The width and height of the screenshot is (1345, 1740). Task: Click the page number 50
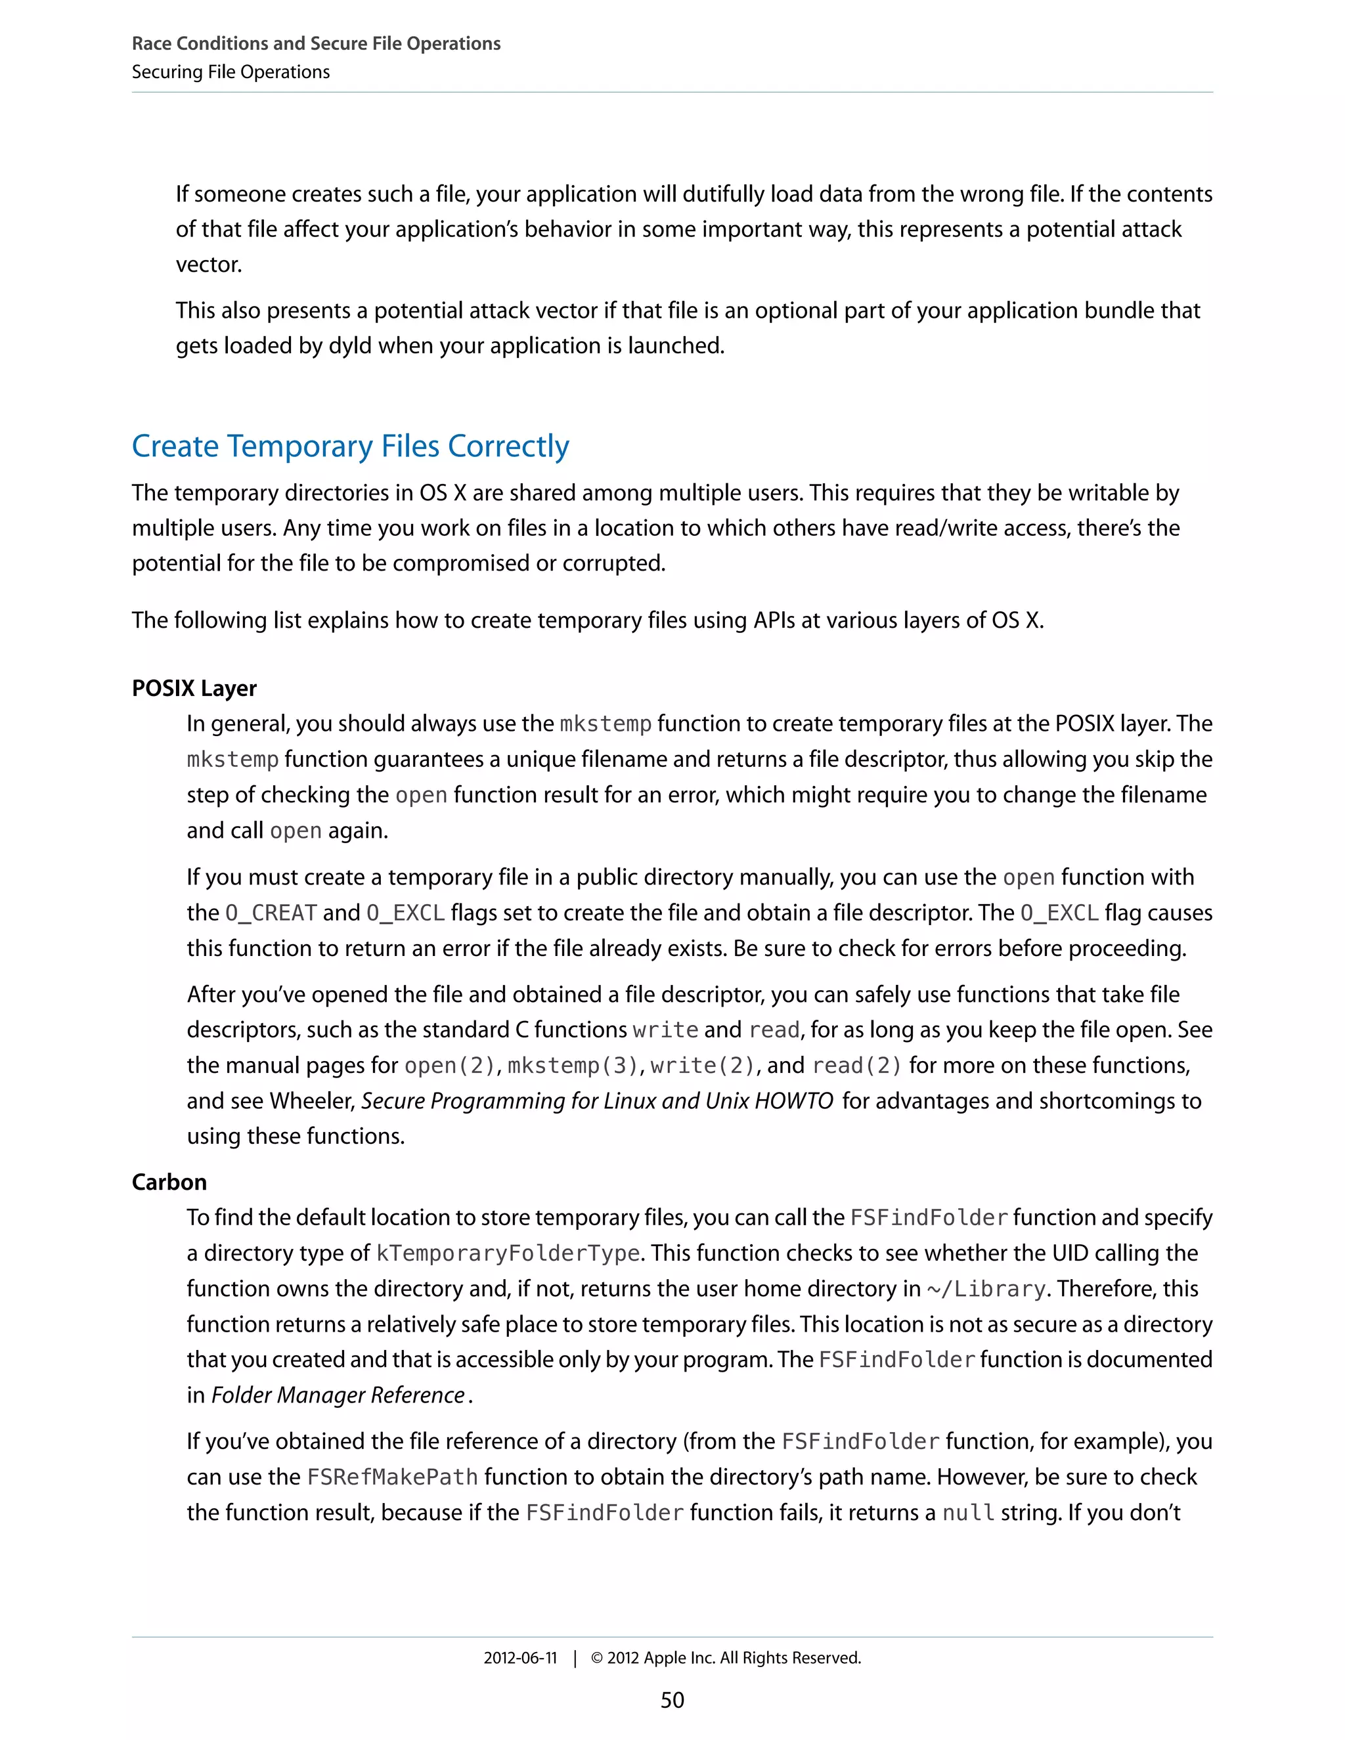click(x=672, y=1699)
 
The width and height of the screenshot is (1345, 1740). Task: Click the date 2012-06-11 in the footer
click(x=519, y=1658)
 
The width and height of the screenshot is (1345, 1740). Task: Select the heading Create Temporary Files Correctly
click(x=350, y=446)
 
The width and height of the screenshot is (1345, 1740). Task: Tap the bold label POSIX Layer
click(x=194, y=688)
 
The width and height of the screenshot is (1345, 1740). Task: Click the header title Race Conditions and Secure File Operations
click(x=315, y=43)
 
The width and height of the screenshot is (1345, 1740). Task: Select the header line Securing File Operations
click(x=231, y=72)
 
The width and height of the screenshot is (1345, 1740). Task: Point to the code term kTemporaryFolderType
click(x=508, y=1253)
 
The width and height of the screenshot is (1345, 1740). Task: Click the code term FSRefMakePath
click(x=392, y=1477)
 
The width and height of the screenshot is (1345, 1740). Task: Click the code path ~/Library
click(x=986, y=1289)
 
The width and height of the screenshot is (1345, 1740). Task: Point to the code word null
click(x=968, y=1512)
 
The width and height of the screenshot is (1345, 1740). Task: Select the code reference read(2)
click(x=856, y=1065)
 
